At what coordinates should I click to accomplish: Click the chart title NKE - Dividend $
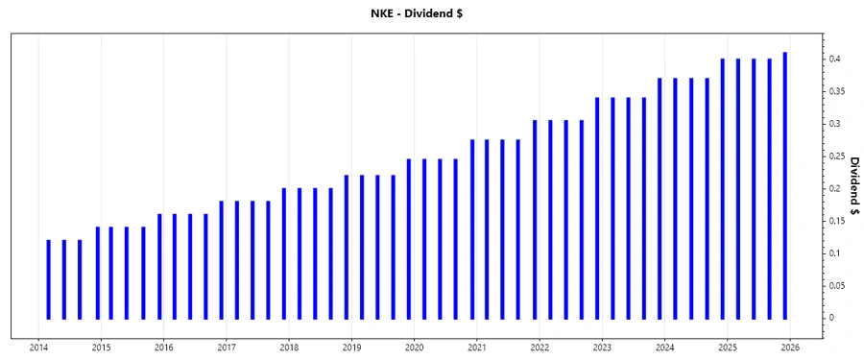point(431,13)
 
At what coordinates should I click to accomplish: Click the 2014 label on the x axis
point(38,348)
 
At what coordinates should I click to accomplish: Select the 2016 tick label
point(164,348)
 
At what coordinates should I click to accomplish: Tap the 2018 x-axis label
point(289,348)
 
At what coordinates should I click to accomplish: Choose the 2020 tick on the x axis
point(414,348)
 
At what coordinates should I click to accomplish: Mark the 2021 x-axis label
point(477,348)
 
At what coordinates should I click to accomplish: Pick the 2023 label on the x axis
point(602,348)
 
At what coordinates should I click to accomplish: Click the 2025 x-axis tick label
point(728,348)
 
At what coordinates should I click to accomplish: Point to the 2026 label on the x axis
point(790,348)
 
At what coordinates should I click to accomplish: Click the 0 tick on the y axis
point(833,318)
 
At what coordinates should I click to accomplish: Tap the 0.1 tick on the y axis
point(835,252)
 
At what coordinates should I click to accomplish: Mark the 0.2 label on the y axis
point(835,188)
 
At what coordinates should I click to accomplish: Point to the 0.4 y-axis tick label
point(835,59)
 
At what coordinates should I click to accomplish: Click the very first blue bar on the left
point(48,278)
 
